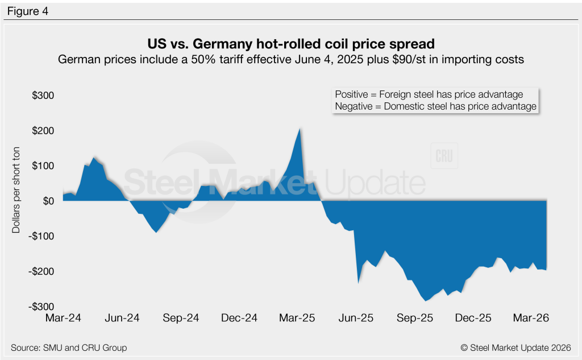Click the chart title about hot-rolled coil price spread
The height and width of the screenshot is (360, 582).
tap(290, 44)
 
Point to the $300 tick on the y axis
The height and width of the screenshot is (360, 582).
tap(43, 95)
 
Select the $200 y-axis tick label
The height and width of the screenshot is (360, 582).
tap(43, 130)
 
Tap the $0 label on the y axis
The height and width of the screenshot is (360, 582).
tap(47, 201)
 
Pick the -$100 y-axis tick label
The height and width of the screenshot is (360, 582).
tap(41, 236)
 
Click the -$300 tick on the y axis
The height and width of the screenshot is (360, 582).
tap(41, 307)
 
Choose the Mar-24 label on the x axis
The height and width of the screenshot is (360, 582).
tap(63, 319)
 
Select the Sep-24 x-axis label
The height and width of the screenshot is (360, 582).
tap(180, 319)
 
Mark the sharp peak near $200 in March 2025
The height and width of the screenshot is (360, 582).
tap(300, 129)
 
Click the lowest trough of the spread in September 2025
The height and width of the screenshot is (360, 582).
tap(425, 300)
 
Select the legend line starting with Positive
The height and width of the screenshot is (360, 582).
tap(429, 94)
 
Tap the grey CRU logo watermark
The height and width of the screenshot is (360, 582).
tap(444, 157)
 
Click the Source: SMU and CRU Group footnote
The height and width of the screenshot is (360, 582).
tap(69, 347)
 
